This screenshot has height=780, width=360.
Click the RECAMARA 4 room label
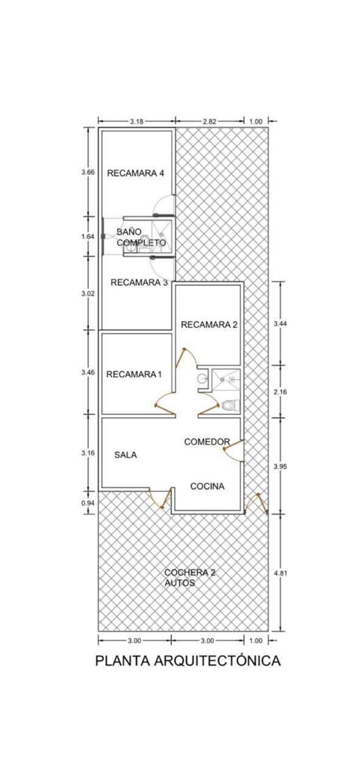[x=135, y=173]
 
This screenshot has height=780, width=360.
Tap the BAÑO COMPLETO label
[x=141, y=237]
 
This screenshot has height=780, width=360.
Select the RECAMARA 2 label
[x=210, y=325]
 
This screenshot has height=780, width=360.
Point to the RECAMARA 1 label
[x=134, y=374]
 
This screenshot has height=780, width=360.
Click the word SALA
[x=125, y=455]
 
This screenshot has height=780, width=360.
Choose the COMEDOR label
[x=207, y=442]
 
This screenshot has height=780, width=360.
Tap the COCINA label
[x=207, y=486]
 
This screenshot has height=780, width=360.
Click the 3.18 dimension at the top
[x=136, y=121]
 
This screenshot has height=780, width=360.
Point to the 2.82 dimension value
[x=210, y=121]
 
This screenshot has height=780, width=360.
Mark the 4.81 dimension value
[x=280, y=573]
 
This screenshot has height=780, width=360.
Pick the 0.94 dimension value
[x=88, y=503]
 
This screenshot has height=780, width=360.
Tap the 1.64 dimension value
[x=88, y=236]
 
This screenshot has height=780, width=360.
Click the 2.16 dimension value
[x=280, y=392]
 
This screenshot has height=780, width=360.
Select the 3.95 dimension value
[x=280, y=467]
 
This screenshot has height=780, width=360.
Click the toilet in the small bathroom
[x=231, y=405]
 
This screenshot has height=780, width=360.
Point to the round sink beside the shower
[x=202, y=378]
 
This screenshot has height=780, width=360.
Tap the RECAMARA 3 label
[x=139, y=282]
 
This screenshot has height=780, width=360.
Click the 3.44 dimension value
[x=280, y=324]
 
